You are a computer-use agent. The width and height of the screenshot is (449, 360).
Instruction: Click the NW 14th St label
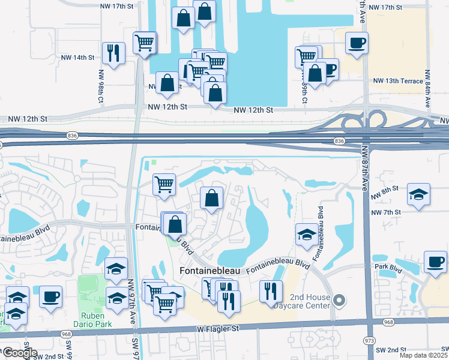click(x=77, y=58)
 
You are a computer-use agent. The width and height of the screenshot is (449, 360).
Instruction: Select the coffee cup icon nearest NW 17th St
click(x=357, y=43)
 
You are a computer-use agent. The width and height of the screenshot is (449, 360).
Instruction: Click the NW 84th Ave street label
click(x=428, y=90)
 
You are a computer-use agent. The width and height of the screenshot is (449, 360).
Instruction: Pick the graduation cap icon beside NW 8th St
click(x=418, y=194)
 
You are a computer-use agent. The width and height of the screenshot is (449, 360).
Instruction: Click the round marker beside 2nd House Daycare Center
click(x=339, y=299)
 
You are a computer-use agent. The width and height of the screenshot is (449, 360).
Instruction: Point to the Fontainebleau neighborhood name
click(x=209, y=271)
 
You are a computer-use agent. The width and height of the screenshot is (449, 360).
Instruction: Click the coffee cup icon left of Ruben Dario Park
click(x=51, y=296)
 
